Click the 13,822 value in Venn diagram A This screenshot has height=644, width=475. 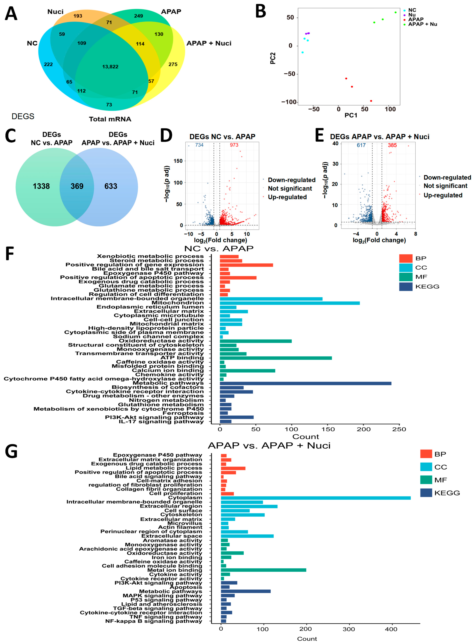click(110, 67)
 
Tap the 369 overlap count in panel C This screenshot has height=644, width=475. click(77, 186)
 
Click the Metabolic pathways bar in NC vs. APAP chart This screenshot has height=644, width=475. click(305, 383)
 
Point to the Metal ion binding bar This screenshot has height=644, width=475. click(263, 570)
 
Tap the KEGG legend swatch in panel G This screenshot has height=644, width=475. click(426, 493)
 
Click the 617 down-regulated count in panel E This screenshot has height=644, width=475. click(361, 145)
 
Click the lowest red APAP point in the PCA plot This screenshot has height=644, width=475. click(371, 101)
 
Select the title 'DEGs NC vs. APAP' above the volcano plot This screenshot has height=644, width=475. click(222, 137)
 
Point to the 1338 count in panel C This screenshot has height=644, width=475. click(41, 186)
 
